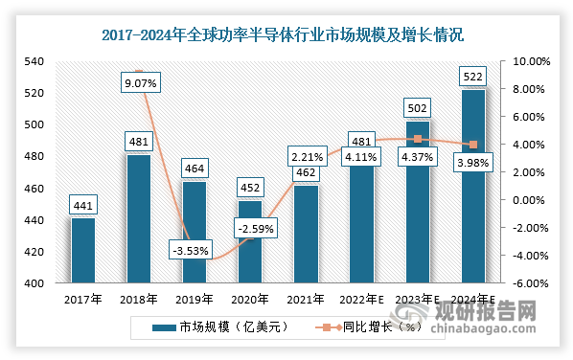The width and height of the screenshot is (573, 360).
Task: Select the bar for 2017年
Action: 83,251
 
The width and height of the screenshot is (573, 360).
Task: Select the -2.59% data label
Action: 250,229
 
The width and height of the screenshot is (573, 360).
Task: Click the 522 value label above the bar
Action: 473,76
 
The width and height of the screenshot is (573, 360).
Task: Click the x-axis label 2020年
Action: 250,301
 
